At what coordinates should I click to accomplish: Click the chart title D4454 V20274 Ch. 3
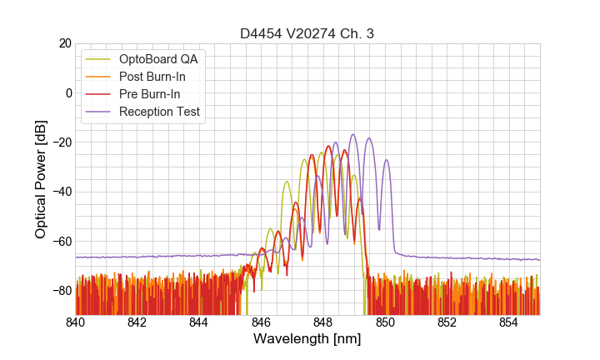[x=307, y=33]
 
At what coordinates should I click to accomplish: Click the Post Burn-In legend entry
[x=152, y=77]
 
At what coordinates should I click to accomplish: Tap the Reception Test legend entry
[x=159, y=112]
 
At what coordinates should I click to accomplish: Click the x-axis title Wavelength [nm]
[x=307, y=339]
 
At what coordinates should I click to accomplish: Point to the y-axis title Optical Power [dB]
[x=41, y=179]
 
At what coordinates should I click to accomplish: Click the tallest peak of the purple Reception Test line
[x=352, y=135]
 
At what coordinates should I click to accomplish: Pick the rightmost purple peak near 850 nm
[x=386, y=161]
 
